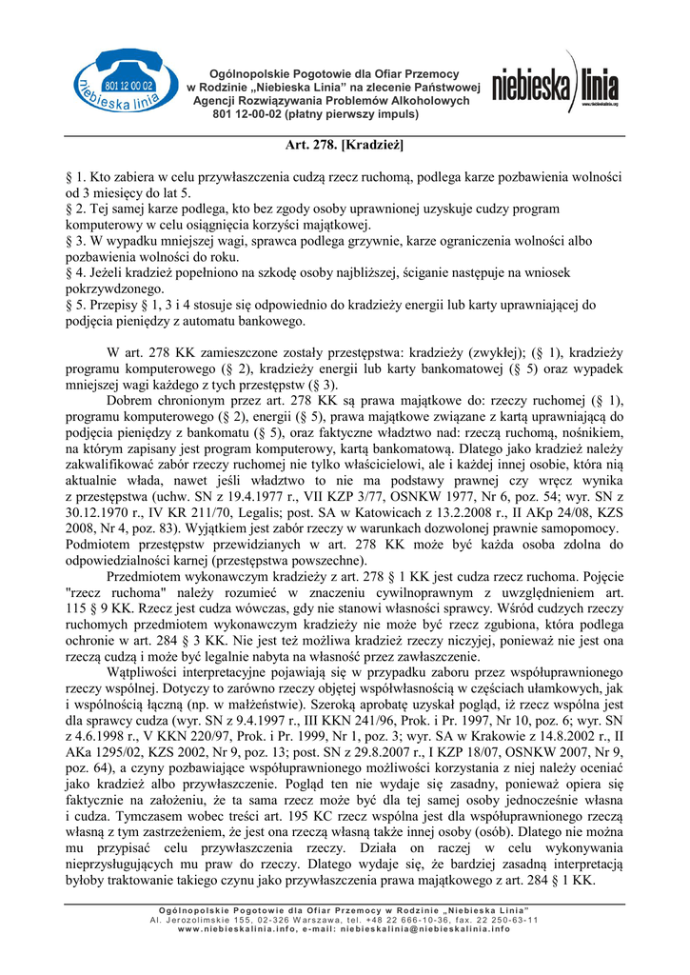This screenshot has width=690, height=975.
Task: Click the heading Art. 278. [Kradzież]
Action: (345, 147)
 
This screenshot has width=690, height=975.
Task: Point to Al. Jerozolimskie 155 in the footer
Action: (199, 920)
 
